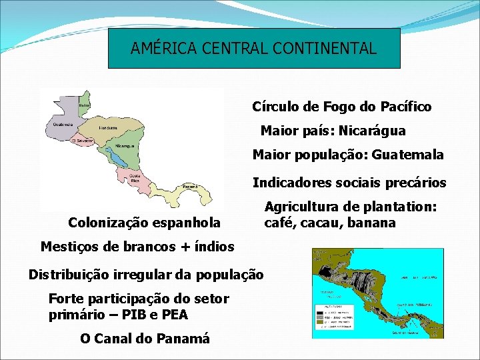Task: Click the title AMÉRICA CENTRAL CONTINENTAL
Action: coord(253,48)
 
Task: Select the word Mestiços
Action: coord(70,247)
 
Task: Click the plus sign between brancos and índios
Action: coord(181,247)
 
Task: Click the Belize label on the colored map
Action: coord(85,105)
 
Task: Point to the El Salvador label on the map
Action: coord(84,141)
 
